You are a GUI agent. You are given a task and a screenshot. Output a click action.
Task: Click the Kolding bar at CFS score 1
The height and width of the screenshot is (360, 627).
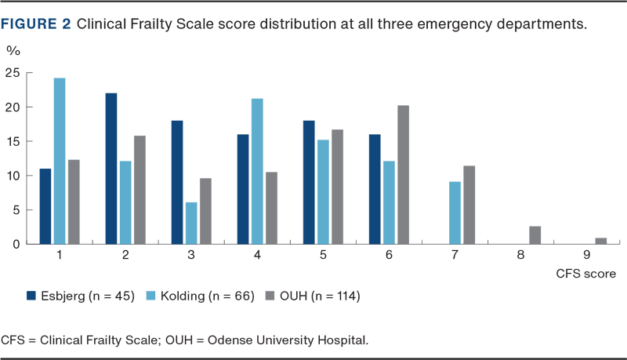[x=60, y=161]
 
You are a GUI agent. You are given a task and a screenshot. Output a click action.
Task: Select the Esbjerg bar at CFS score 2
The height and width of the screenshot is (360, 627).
[x=111, y=168]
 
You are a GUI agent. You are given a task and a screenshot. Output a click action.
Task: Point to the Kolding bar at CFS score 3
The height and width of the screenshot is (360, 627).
[x=191, y=223]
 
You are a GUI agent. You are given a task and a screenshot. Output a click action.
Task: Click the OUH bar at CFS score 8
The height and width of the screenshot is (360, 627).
[x=535, y=235]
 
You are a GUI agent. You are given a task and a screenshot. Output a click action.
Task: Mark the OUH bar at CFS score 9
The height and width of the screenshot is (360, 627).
[x=600, y=240]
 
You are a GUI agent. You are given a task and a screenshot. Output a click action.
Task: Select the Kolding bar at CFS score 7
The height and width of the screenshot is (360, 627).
[x=455, y=212]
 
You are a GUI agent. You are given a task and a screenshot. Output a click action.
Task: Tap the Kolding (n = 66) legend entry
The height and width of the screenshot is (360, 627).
[x=199, y=296]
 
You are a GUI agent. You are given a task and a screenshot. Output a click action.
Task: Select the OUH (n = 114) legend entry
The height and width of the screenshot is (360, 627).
[x=313, y=296]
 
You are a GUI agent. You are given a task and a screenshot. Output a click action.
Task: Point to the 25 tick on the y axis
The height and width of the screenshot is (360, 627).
[x=13, y=73]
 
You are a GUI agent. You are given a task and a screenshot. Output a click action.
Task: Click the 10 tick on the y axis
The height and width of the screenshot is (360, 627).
[x=13, y=176]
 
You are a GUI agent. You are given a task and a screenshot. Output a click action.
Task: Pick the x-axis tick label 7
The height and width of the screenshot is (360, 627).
[x=455, y=256]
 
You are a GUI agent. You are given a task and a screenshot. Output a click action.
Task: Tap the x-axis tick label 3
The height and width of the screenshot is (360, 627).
[x=192, y=256]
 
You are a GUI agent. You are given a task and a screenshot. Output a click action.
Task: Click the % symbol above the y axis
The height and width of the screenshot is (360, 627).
[x=13, y=52]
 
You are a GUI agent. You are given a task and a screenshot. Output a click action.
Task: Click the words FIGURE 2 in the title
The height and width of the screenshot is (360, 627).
[x=35, y=24]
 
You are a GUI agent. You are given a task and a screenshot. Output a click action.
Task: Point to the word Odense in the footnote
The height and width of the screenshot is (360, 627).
[x=237, y=340]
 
